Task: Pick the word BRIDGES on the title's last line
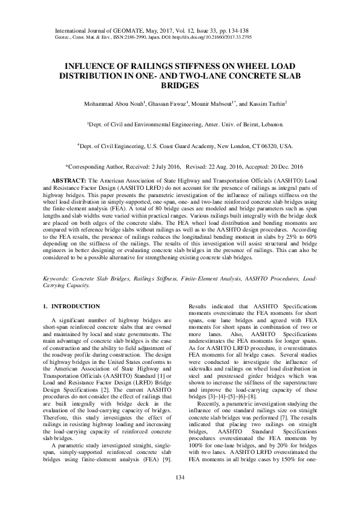tap(180, 85)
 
